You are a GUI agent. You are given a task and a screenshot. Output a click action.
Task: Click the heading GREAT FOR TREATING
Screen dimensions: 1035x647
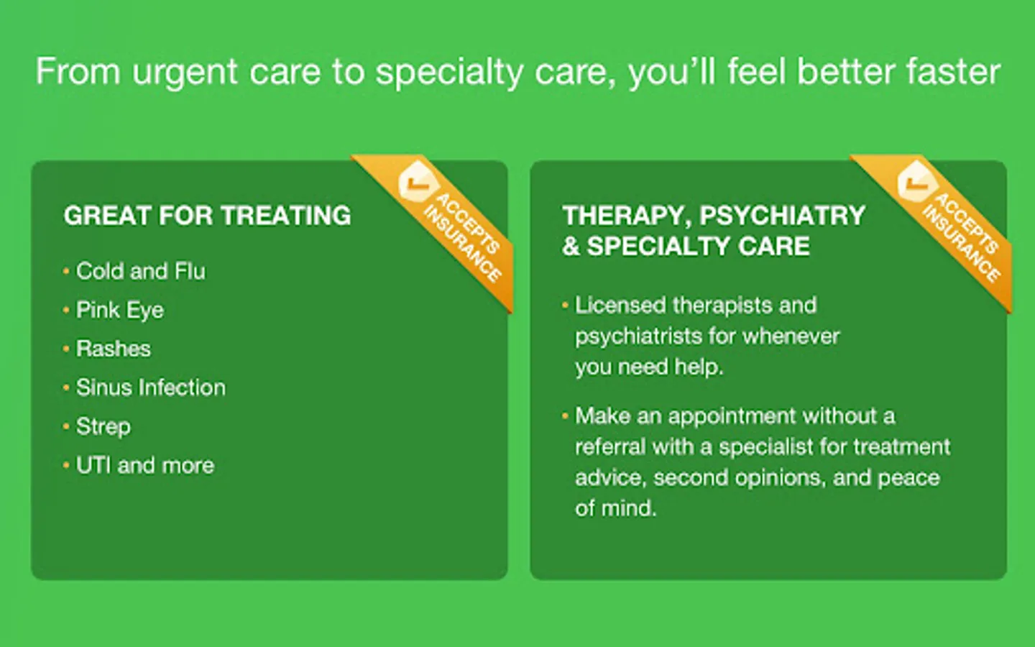pos(208,216)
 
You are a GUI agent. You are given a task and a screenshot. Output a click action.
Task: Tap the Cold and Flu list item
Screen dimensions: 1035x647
pos(140,271)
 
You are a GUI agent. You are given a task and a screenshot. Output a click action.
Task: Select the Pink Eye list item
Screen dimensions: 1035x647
pos(119,310)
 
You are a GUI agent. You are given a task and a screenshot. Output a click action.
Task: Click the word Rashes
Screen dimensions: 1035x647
pos(114,349)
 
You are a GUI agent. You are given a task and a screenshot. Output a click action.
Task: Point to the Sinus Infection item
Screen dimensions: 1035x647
pos(151,387)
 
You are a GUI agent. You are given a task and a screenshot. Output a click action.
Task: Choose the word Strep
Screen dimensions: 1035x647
pos(103,426)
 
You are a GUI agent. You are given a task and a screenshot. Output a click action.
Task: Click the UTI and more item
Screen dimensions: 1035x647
pos(145,465)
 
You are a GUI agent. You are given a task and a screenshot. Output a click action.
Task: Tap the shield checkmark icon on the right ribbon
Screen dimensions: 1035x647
pos(916,182)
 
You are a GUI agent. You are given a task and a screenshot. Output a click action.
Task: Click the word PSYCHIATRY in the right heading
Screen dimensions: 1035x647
pos(782,216)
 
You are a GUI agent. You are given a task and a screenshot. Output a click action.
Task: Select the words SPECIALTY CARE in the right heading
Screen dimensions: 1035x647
pos(698,246)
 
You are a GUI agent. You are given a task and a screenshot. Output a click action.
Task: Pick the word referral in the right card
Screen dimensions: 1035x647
pos(610,447)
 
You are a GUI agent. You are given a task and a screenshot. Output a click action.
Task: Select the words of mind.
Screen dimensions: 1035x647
pos(615,508)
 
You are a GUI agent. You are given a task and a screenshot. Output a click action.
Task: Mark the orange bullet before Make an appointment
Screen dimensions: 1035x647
pos(565,416)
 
